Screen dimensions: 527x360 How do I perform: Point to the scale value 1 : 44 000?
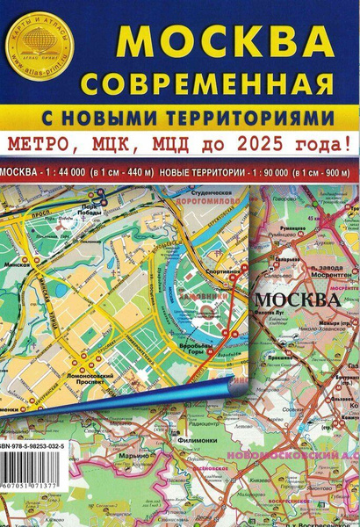[69, 168]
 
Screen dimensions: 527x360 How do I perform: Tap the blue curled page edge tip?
[230, 383]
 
